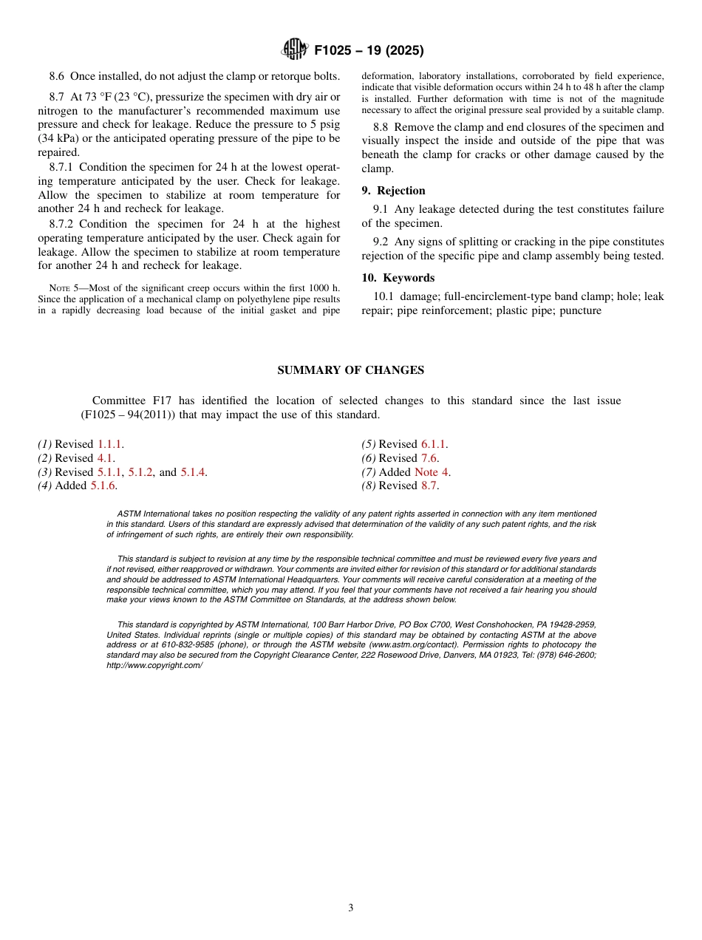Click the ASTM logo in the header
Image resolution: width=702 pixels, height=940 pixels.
coord(294,50)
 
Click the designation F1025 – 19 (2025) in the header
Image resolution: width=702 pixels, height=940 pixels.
coord(369,51)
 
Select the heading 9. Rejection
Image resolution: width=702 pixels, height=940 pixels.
coord(393,191)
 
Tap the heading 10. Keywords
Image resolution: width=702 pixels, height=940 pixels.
coord(398,278)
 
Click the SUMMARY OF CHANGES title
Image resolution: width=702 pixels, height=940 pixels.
coord(350,370)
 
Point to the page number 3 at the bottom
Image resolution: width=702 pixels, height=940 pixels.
coord(351,908)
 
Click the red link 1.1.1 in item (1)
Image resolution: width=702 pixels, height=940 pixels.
coord(110,444)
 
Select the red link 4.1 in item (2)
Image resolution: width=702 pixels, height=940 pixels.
coord(106,458)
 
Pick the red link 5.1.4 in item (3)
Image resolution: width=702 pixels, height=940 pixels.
coord(193,472)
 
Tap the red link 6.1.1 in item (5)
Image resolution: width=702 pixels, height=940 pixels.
coord(434,444)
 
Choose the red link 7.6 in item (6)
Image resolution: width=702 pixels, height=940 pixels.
coord(429,458)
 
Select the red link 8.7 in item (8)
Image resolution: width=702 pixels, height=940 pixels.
coord(429,486)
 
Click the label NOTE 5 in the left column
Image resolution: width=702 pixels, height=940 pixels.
coord(63,288)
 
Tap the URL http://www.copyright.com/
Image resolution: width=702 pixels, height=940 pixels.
coord(154,665)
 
